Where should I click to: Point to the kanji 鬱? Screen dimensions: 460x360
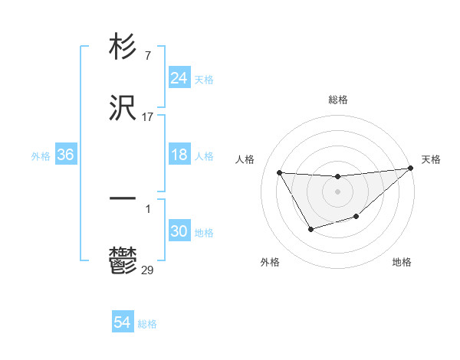pos(123,261)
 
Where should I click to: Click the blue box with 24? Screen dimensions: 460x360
pos(179,78)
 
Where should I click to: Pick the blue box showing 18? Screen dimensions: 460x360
pos(179,155)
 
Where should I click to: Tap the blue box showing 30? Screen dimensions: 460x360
pos(179,232)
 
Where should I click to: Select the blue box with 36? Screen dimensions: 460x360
pos(66,155)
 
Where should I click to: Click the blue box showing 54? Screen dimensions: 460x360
pos(123,323)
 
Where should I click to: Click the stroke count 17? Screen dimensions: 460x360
pos(147,117)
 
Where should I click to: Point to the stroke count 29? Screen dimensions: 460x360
pos(147,270)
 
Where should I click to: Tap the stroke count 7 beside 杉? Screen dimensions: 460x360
pos(147,56)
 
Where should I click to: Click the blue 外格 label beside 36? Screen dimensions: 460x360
pos(41,156)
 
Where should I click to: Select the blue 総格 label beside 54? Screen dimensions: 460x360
pos(147,324)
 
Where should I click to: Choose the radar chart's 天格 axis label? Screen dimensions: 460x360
pos(431,159)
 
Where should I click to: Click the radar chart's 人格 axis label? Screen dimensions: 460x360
pos(245,159)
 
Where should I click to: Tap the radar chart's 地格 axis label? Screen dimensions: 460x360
pos(402,262)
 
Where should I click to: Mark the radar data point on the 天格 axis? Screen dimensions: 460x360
pos(410,169)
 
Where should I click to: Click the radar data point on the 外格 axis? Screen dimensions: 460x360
pos(310,229)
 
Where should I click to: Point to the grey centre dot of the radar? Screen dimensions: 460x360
pos(337,191)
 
